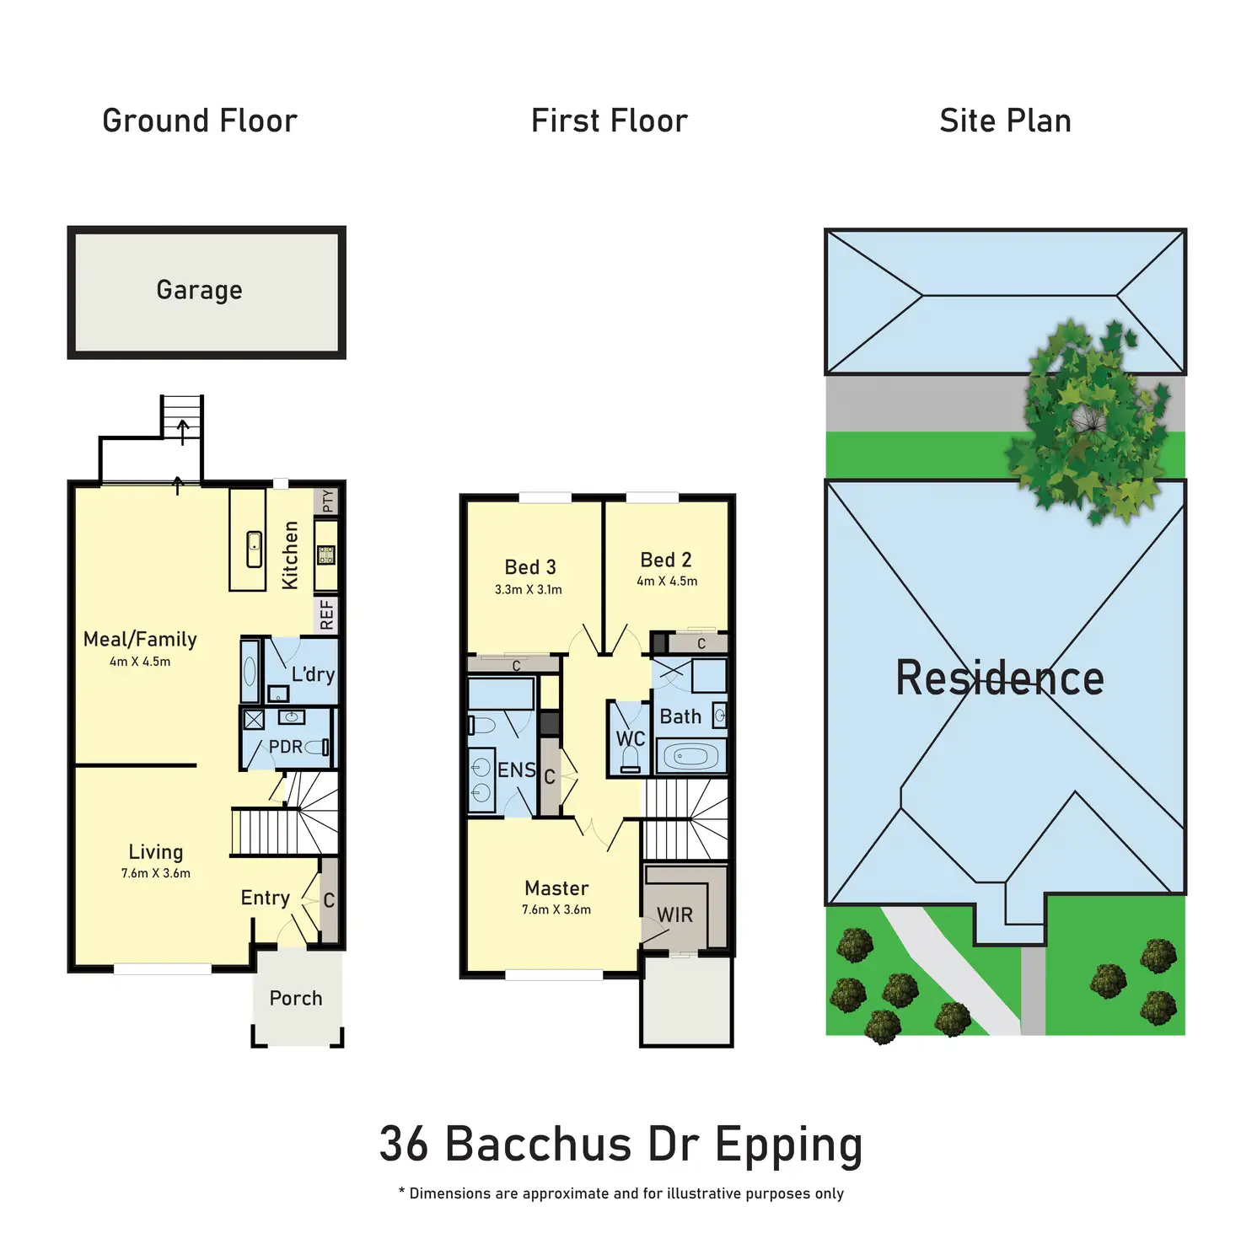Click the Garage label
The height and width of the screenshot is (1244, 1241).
click(x=199, y=290)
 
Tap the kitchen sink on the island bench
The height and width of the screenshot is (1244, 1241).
click(x=254, y=550)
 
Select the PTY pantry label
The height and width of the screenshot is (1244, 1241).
click(x=328, y=501)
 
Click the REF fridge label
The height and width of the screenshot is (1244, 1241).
click(x=327, y=614)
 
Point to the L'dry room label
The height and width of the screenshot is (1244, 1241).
click(x=313, y=674)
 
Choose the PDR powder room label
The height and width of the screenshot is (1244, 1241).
click(x=285, y=747)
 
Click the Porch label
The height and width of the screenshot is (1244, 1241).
click(x=296, y=998)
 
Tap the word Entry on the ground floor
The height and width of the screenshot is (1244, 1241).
click(x=265, y=898)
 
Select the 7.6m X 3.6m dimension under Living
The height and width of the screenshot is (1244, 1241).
click(x=156, y=873)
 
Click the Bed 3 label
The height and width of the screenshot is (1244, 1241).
click(x=530, y=567)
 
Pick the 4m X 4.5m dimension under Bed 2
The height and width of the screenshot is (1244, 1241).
click(x=667, y=582)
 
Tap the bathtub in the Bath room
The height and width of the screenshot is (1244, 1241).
click(x=690, y=756)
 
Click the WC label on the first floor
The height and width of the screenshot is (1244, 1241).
click(x=630, y=738)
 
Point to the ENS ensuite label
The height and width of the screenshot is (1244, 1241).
click(x=517, y=769)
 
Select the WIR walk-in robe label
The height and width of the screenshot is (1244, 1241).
click(x=674, y=914)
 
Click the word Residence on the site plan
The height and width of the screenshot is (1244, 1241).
click(x=1000, y=678)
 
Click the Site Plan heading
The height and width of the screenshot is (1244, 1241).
click(x=1005, y=121)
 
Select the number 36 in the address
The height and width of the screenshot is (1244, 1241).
click(x=405, y=1145)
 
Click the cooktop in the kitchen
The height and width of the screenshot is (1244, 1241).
click(x=326, y=555)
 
